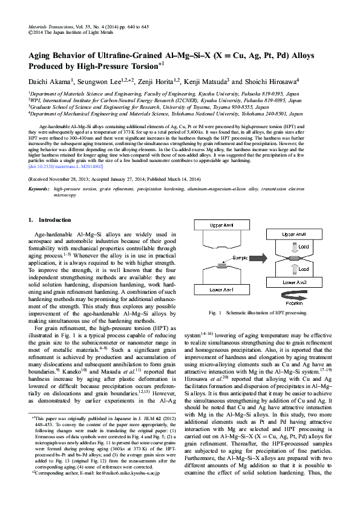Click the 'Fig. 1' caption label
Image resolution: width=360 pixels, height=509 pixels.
click(x=213, y=313)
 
